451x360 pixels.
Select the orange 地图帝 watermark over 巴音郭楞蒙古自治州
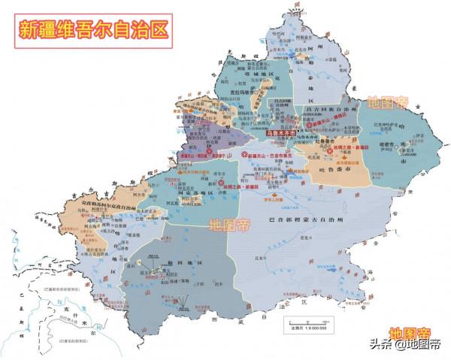click(232, 224)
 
